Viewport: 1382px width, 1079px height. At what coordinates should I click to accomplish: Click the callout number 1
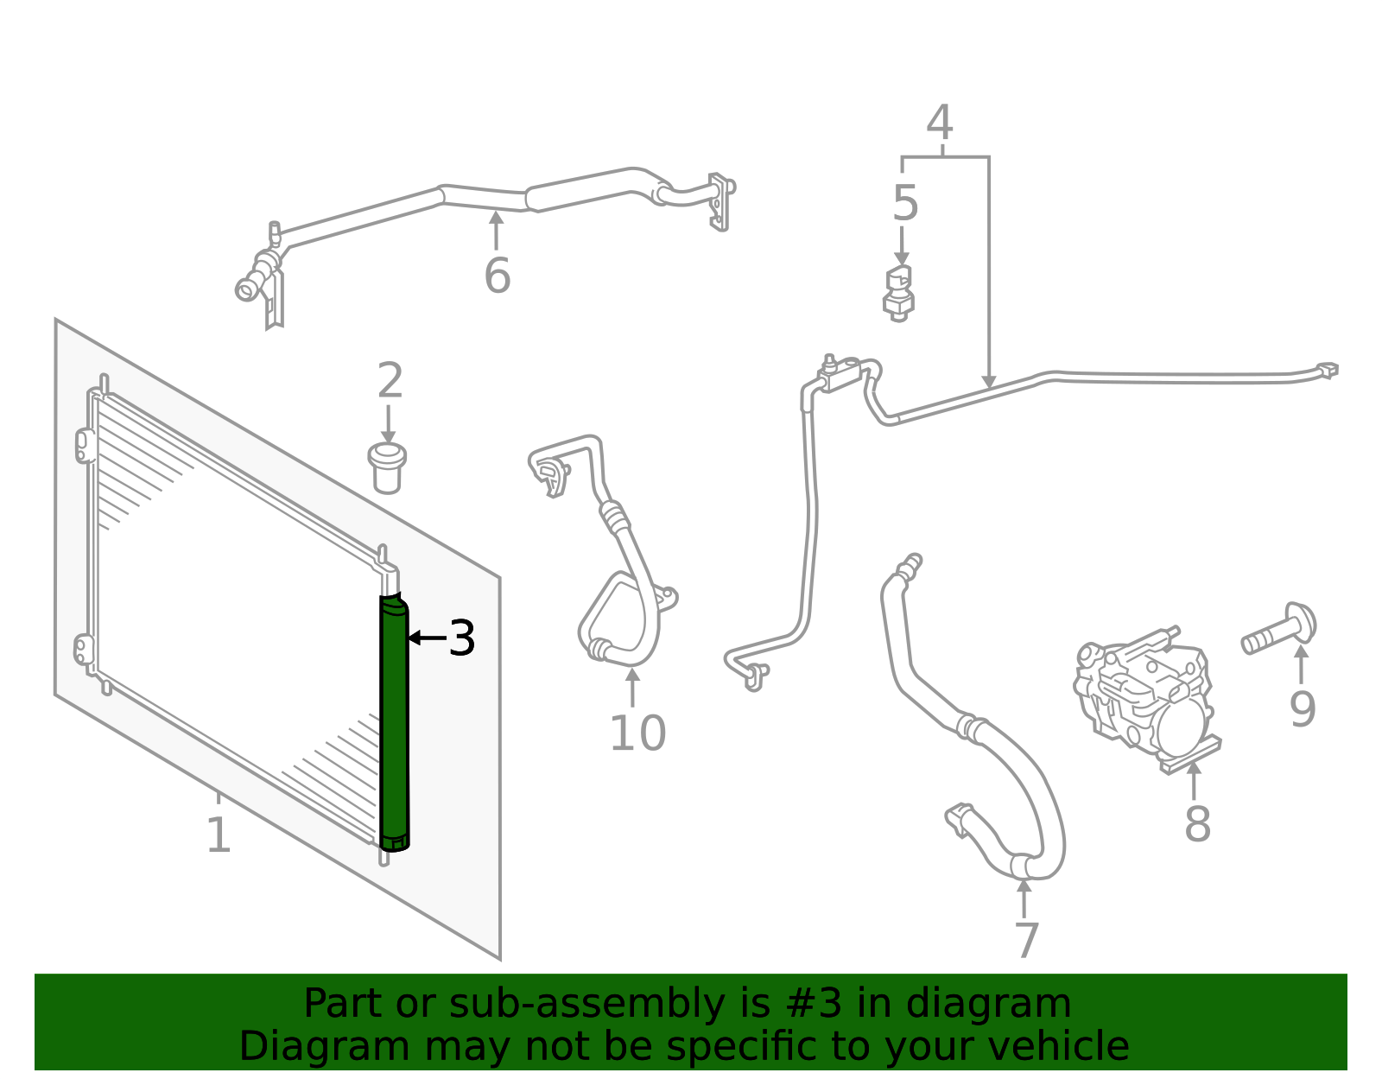[x=219, y=835]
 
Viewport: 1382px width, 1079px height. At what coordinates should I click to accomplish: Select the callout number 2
[x=390, y=379]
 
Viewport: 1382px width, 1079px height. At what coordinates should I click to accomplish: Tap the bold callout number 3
[x=462, y=638]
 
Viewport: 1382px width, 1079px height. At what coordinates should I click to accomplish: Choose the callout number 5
[x=906, y=203]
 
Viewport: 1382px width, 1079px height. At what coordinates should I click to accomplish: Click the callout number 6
[x=498, y=276]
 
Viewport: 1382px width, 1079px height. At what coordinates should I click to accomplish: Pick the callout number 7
[x=1027, y=940]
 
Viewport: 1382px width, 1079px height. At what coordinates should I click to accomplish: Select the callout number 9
[x=1303, y=708]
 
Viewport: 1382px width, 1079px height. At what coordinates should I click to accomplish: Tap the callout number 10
[x=638, y=733]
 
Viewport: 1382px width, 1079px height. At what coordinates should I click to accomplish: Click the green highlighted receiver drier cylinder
[x=395, y=722]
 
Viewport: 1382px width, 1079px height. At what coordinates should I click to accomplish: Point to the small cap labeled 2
[x=387, y=468]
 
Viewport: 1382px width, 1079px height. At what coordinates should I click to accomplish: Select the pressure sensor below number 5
[x=898, y=294]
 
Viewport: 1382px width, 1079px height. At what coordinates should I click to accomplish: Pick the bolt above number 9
[x=1279, y=629]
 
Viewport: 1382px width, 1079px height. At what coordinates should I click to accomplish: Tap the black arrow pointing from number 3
[x=428, y=637]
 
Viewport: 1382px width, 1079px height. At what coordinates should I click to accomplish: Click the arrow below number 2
[x=388, y=424]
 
